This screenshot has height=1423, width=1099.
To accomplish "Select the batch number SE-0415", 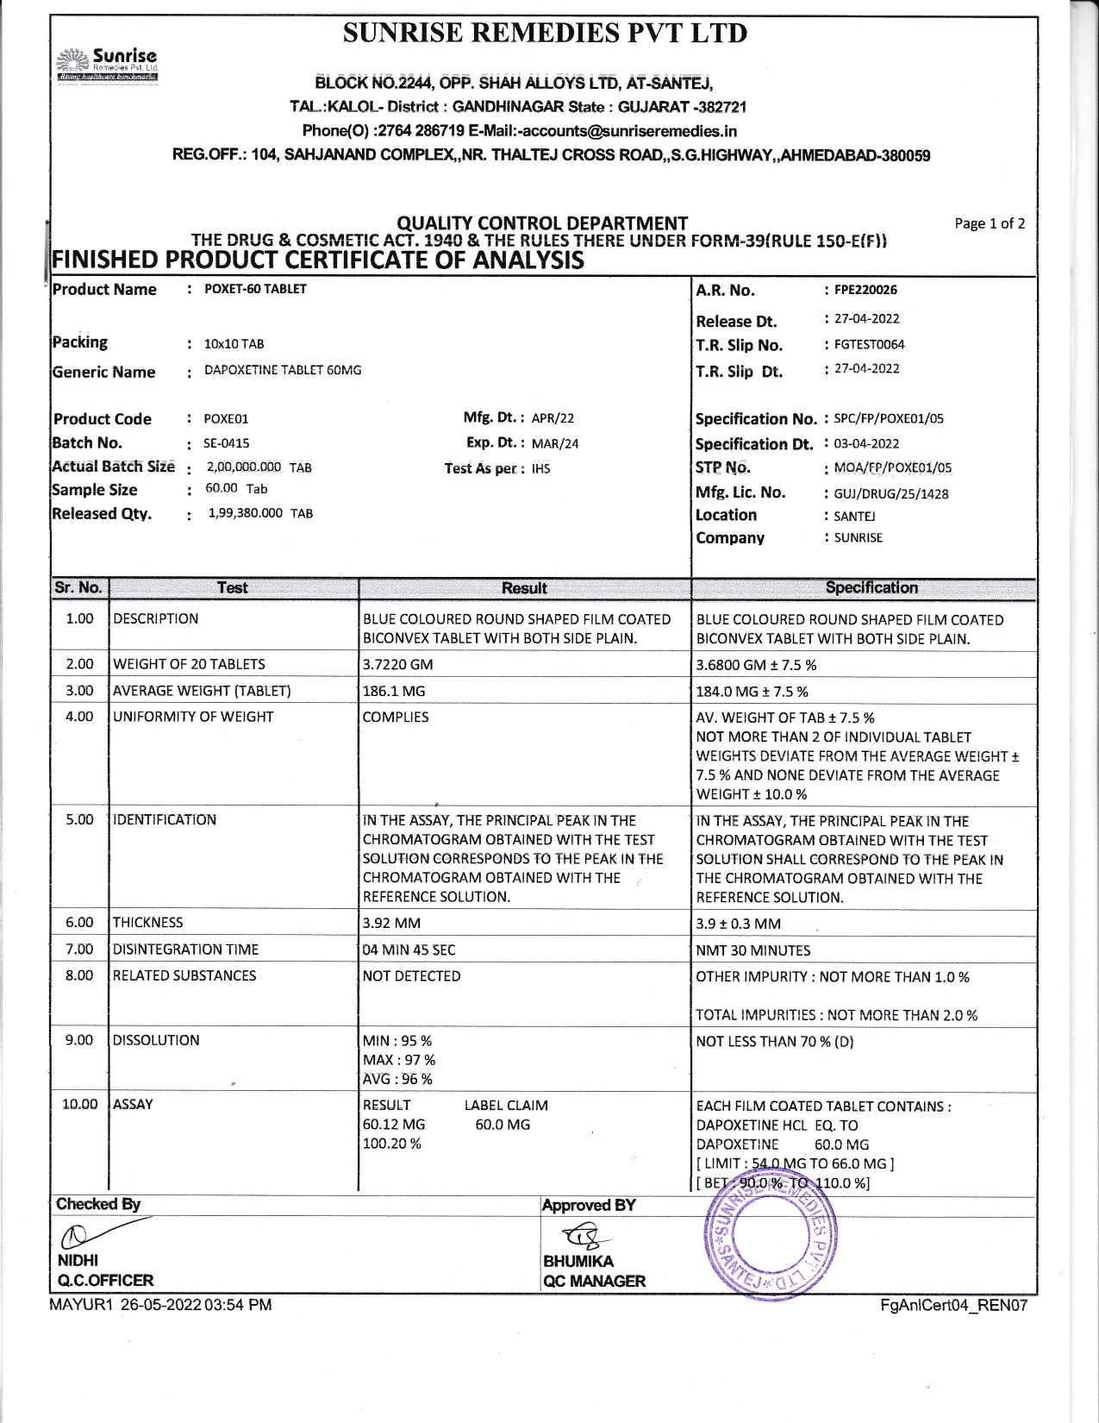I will click(226, 443).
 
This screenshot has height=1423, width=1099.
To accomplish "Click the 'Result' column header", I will click(524, 588).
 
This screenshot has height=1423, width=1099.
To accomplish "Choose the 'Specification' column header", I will click(871, 588).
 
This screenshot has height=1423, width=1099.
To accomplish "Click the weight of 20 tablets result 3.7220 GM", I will click(398, 664).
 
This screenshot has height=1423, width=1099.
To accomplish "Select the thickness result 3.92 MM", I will click(392, 923).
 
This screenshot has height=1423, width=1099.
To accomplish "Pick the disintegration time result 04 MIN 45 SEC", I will click(409, 950).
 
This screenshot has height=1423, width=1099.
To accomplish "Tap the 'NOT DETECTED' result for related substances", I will click(412, 976).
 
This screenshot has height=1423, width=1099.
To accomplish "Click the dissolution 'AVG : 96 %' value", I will click(397, 1079).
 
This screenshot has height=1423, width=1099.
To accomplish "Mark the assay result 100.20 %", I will click(392, 1144).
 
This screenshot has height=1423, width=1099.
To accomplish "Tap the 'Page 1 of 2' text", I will click(990, 223).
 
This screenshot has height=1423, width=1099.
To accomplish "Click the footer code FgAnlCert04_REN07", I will click(953, 1306).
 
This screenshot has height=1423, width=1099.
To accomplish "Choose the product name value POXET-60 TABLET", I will click(255, 289).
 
